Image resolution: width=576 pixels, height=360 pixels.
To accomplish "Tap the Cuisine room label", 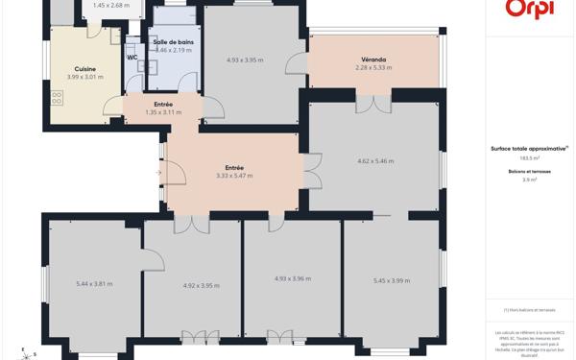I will coord(85,69).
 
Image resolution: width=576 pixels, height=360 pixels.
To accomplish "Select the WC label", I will coord(132,58).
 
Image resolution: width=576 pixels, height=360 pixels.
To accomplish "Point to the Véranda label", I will coord(374,60).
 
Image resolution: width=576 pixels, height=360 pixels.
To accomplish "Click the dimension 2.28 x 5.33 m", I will coord(374,67).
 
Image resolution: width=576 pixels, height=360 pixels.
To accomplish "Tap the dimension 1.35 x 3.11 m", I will coord(163,112).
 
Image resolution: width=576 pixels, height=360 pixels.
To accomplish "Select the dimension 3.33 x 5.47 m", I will coord(234,176).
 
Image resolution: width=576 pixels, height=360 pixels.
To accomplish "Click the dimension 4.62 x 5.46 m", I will coord(375,160).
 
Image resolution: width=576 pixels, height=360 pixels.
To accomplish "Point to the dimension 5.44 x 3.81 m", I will coord(95,283).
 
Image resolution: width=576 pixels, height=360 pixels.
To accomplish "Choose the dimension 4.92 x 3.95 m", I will coord(202,285).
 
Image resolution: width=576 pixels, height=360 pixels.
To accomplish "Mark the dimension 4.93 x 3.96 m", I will coord(294,278).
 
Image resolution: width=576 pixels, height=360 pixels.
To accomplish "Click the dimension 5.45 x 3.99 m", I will coord(392,280).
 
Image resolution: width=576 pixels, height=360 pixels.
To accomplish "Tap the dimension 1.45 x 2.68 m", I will coord(111,5).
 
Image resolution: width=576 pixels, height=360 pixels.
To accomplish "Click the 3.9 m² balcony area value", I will coord(530,180).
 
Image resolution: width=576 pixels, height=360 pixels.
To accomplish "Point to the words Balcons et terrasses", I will coord(530,171).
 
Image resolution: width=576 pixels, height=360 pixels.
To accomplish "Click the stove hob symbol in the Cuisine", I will coord(57,97).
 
